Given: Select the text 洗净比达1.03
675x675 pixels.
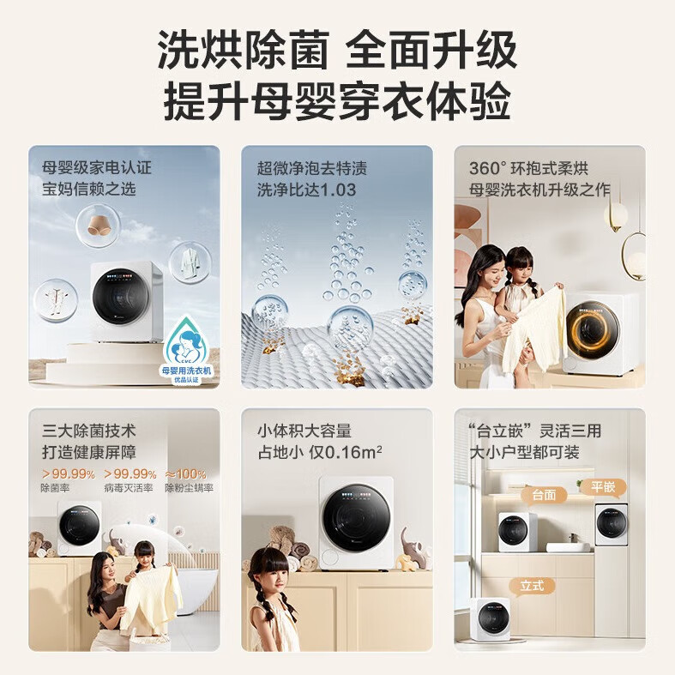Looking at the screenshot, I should pos(306,190).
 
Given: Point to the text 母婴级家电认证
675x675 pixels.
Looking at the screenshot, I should pos(97,166).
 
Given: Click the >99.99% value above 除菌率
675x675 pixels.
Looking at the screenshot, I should pos(67,473).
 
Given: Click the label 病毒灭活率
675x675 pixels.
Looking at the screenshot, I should pos(129,488).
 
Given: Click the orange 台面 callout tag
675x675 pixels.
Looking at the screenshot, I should pos(545,495).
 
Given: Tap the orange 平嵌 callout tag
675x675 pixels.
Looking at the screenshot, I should pos(602,487).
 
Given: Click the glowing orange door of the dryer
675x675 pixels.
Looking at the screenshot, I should pos(593,330).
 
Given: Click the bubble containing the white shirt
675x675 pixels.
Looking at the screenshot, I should pos(190,262).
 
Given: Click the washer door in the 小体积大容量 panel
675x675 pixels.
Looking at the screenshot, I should pos(356,517).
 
